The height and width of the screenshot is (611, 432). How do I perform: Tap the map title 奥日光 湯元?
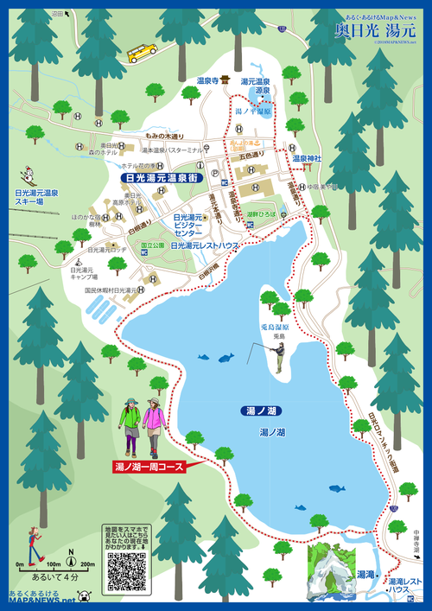[x=375, y=29]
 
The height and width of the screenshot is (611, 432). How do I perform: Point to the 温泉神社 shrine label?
[x=306, y=158]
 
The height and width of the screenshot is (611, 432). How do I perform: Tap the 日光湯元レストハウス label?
[x=204, y=245]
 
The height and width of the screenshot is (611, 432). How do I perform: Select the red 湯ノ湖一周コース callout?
[x=149, y=467]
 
